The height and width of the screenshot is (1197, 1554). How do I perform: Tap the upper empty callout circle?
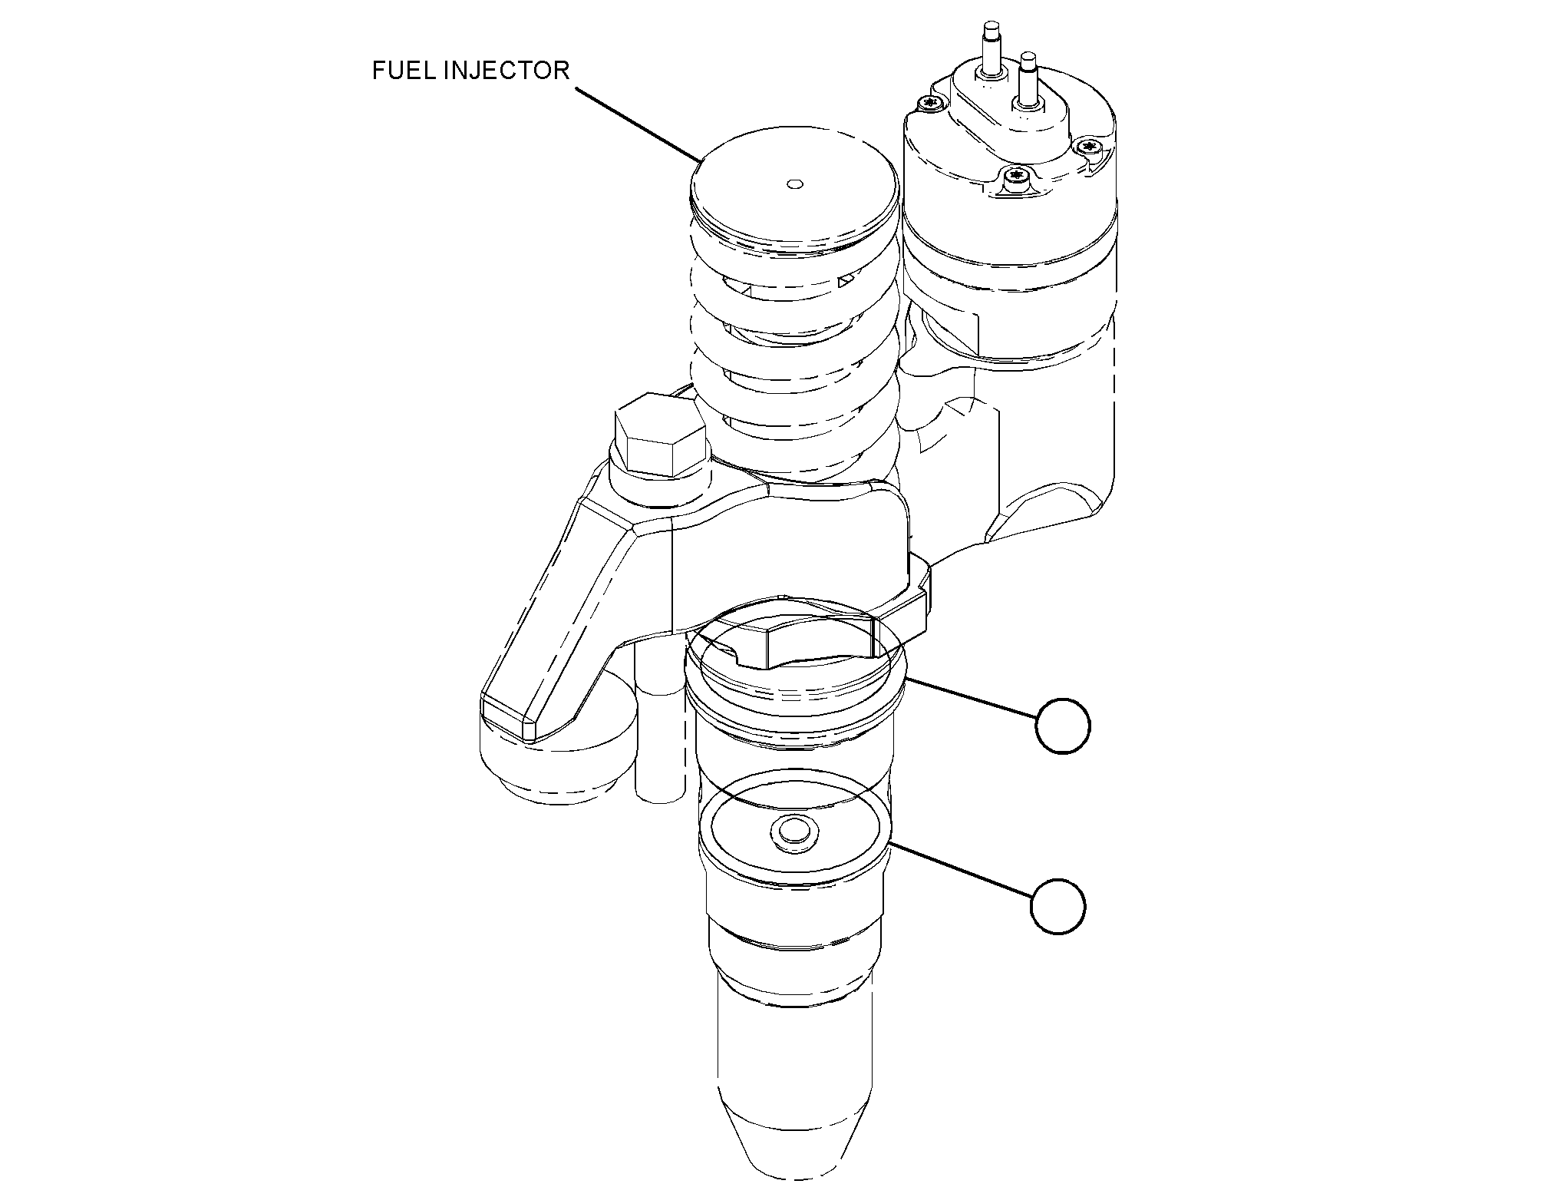point(1062,726)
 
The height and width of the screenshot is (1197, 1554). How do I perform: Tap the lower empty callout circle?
point(1057,907)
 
